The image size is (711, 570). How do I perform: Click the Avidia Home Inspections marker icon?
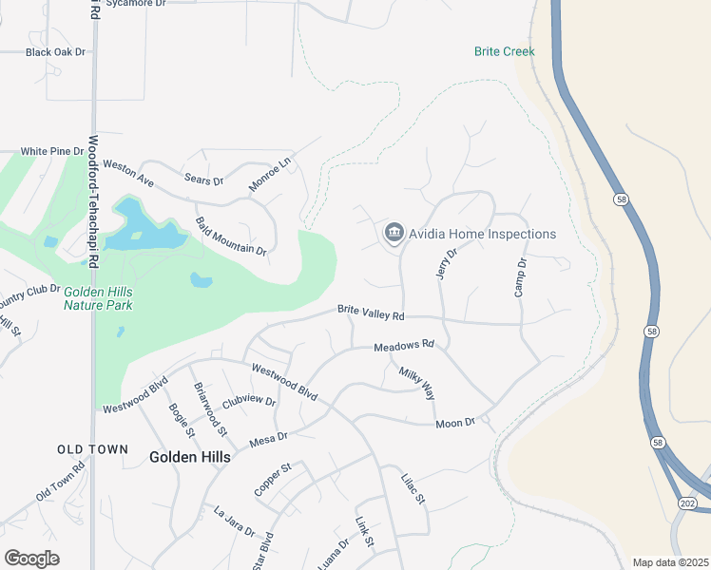(394, 233)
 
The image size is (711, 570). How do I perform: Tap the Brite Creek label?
(505, 51)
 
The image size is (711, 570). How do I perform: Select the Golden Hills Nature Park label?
(98, 299)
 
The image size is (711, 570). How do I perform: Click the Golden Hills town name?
(190, 457)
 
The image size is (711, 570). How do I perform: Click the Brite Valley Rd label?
(371, 313)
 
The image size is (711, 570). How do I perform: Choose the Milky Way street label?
(416, 382)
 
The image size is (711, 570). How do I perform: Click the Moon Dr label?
(455, 422)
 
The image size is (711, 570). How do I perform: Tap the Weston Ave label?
(128, 172)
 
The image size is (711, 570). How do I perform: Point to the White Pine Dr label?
(52, 151)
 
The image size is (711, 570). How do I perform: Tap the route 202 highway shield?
(686, 502)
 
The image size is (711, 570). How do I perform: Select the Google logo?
(31, 558)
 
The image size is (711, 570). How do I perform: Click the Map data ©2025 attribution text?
(669, 562)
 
